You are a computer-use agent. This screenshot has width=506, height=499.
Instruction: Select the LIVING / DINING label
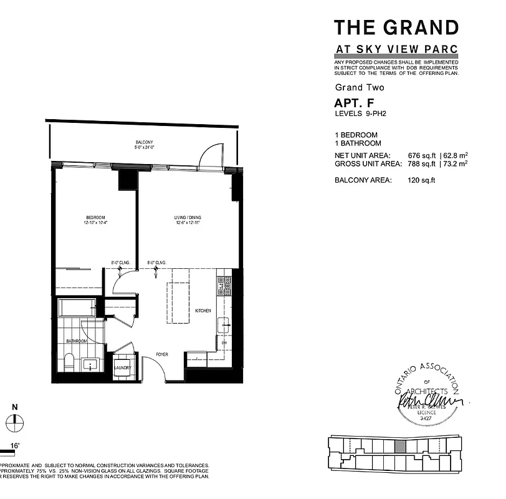click(188, 218)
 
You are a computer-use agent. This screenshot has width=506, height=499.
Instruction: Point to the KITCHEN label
click(203, 311)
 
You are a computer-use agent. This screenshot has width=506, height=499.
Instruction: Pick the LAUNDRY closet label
click(122, 368)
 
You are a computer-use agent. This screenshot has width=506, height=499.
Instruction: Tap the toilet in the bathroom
click(69, 362)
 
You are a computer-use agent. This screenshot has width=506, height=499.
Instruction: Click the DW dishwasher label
click(224, 342)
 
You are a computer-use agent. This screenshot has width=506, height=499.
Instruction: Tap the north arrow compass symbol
click(15, 424)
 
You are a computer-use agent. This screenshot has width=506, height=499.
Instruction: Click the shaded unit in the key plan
click(401, 447)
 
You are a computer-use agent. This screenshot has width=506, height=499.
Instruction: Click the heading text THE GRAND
click(396, 27)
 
